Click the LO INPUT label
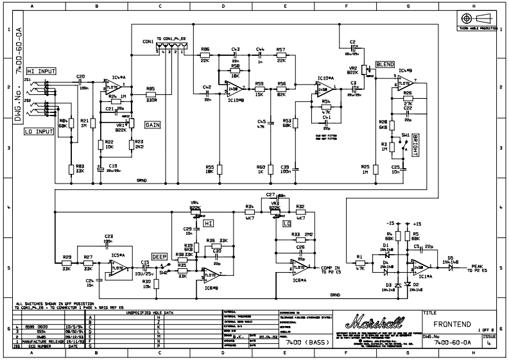[39, 131]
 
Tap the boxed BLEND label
[385, 65]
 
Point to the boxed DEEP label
[159, 255]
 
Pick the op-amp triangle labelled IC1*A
[421, 266]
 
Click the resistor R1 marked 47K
[359, 262]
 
